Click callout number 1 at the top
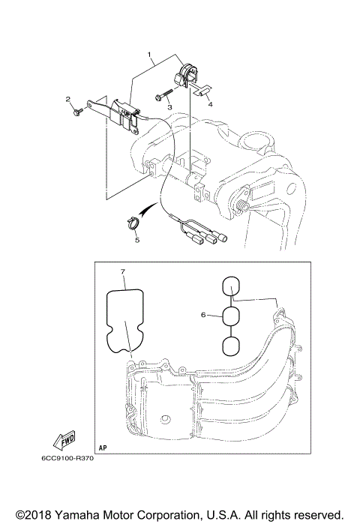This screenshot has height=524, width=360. (x=150, y=55)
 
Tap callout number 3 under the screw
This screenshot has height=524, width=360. (x=170, y=108)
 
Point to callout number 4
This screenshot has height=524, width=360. (x=210, y=104)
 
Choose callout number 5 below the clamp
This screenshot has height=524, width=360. (x=136, y=240)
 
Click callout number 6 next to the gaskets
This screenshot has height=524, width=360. (x=203, y=316)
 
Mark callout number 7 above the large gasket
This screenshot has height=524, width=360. (x=123, y=270)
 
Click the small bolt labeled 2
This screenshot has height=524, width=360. (x=79, y=112)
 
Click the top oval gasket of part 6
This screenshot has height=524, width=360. (x=232, y=286)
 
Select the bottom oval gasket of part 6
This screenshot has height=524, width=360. (x=232, y=346)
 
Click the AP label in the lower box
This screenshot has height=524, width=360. (x=103, y=445)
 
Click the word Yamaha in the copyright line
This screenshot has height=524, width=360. (x=76, y=514)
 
